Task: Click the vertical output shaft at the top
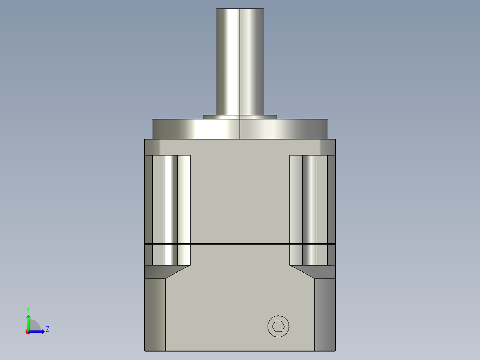[x=240, y=60]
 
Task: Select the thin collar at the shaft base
[x=240, y=117]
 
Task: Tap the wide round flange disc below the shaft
[x=240, y=129]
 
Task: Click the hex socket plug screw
[x=278, y=326]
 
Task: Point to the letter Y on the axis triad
[x=28, y=309]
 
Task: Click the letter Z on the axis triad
[x=47, y=329]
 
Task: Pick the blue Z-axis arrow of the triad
[x=37, y=331]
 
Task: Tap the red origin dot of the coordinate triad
[x=28, y=332]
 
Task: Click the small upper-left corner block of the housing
[x=152, y=147]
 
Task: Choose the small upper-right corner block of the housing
[x=327, y=147]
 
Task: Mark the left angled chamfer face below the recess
[x=166, y=271]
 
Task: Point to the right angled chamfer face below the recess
[x=313, y=271]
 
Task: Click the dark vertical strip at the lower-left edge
[x=155, y=315]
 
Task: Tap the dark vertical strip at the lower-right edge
[x=325, y=315]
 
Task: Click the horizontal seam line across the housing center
[x=240, y=244]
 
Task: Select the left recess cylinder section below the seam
[x=171, y=254]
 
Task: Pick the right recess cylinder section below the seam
[x=309, y=254]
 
